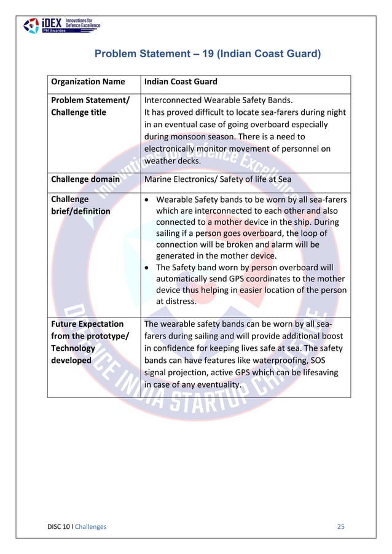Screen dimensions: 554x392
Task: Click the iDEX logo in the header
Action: pos(61,25)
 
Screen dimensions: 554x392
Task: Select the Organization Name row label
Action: pos(88,82)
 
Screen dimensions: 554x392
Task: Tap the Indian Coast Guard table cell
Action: pos(181,82)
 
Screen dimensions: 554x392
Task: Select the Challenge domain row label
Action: pos(85,179)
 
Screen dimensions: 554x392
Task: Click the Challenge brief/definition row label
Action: pos(80,205)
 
